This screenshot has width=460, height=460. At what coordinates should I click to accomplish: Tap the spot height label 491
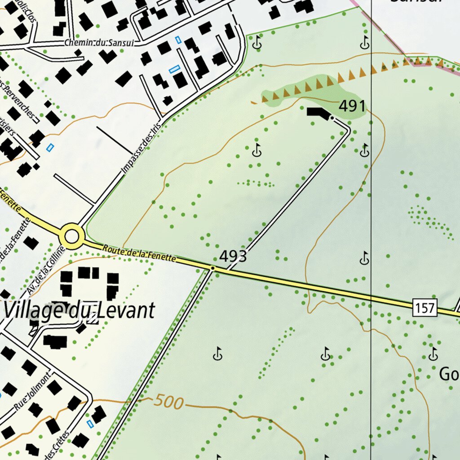352,106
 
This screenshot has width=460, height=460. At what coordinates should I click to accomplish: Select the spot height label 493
233,257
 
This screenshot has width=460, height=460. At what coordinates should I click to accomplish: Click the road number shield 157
425,308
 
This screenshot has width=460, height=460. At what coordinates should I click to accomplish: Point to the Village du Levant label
79,310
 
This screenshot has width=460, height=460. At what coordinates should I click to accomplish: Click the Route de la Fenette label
138,253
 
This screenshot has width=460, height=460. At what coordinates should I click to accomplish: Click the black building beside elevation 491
317,113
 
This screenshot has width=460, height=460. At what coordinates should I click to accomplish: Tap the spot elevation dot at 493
212,268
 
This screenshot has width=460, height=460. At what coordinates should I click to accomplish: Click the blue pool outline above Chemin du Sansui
178,40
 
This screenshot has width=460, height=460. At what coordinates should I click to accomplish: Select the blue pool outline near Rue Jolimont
90,423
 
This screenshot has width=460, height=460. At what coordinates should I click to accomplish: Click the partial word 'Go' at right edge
449,374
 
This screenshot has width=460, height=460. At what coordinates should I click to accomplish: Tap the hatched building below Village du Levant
93,318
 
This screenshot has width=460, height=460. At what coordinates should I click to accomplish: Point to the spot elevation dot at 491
332,118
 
